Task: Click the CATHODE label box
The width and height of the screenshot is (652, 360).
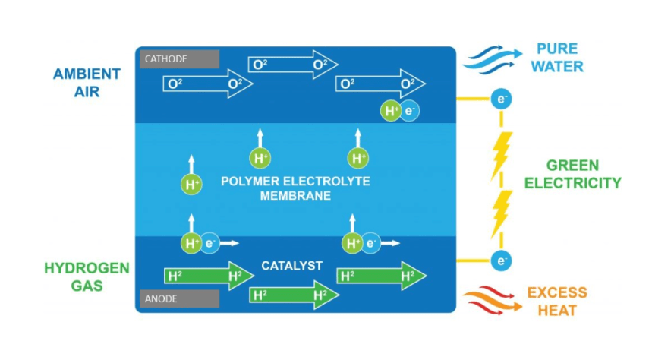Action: [x=179, y=59]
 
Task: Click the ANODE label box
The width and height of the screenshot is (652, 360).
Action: [x=179, y=298]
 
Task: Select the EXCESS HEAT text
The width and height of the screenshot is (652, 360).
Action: [x=557, y=302]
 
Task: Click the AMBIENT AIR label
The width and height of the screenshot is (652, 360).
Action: [x=87, y=83]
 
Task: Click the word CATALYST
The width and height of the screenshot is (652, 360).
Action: [x=292, y=266]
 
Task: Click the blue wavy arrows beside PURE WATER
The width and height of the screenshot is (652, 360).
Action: [x=493, y=58]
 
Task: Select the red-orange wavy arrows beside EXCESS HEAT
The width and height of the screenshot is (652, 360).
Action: [x=493, y=301]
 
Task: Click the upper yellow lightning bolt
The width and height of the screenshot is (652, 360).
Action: [x=502, y=154]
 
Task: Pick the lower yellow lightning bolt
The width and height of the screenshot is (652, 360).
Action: [x=502, y=213]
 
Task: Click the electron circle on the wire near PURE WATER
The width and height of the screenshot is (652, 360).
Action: [x=500, y=99]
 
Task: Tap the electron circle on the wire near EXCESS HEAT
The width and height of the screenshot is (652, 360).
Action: [x=500, y=261]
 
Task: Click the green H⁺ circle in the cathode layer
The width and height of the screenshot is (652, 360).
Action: [x=391, y=111]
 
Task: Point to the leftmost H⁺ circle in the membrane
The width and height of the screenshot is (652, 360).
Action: [x=191, y=184]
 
